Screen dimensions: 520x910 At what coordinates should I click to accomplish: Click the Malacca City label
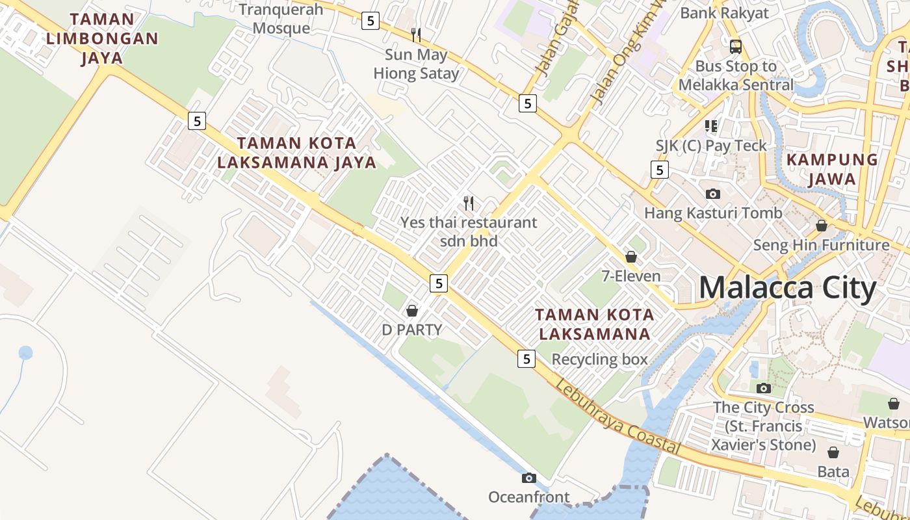[x=788, y=287]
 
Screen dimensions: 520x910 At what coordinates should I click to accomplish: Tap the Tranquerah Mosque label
[x=281, y=19]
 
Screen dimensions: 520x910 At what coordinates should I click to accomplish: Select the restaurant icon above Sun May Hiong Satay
[x=416, y=34]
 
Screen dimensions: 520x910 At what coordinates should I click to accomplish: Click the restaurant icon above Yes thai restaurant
[x=469, y=203]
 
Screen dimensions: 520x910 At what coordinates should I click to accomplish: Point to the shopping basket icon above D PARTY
[x=411, y=311]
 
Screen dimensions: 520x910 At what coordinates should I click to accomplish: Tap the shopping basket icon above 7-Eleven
[x=630, y=257]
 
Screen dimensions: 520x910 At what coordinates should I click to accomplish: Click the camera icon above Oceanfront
[x=529, y=478]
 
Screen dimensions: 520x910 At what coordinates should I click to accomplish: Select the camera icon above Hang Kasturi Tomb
[x=713, y=194]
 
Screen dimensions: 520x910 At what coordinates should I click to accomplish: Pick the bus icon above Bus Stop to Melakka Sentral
[x=736, y=47]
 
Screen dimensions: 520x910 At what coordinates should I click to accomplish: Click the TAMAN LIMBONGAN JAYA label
[x=102, y=38]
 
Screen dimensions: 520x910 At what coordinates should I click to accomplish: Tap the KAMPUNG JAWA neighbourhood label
[x=832, y=169]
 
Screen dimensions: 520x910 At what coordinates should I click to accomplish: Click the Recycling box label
[x=599, y=359]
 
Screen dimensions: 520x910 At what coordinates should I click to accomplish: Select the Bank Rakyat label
[x=724, y=13]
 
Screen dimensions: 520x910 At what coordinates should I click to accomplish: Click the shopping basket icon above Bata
[x=833, y=452]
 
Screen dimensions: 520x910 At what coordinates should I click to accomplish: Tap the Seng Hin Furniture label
[x=821, y=245]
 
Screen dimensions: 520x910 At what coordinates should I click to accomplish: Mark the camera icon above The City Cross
[x=764, y=388]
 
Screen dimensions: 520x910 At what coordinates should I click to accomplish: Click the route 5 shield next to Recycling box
[x=526, y=358]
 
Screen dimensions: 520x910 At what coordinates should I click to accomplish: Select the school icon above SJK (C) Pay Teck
[x=711, y=126]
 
